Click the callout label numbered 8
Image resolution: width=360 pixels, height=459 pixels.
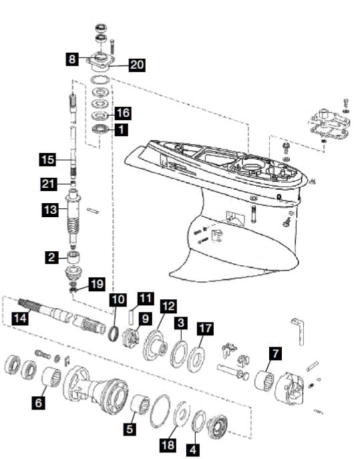pos(71,59)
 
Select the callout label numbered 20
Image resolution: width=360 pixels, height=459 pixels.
pos(136,65)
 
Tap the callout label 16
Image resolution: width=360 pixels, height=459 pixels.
pos(122,112)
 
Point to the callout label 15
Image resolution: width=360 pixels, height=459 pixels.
pos(46,160)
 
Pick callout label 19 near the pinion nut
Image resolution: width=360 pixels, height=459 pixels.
pos(98,284)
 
